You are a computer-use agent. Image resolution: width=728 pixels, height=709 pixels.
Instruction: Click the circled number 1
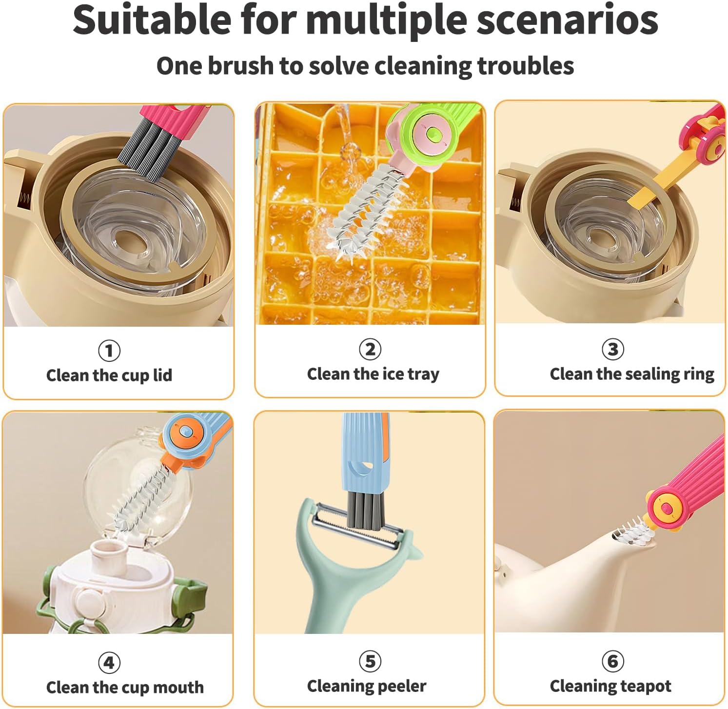click(109, 350)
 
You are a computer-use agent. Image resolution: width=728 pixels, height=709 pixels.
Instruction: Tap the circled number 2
click(370, 349)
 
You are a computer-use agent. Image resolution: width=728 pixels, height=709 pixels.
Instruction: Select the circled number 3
click(612, 349)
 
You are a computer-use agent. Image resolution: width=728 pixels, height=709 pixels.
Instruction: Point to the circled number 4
click(109, 662)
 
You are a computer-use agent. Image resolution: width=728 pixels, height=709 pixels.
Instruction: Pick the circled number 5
click(370, 661)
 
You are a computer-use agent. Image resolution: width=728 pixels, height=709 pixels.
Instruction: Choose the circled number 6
click(612, 661)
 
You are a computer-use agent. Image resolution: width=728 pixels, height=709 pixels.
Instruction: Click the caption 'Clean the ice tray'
click(373, 374)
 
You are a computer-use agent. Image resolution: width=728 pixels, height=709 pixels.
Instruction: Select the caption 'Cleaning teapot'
click(610, 686)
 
